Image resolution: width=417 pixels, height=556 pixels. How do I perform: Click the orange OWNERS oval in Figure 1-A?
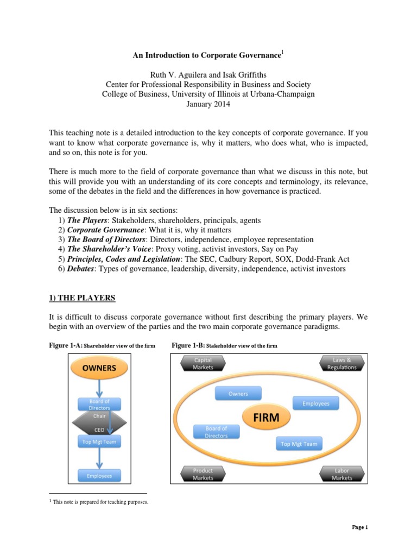point(99,368)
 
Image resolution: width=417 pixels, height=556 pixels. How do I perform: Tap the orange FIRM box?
point(266,418)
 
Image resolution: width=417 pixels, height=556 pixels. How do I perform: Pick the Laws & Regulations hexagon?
point(342,363)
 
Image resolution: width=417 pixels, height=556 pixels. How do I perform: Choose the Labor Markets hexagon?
point(342,474)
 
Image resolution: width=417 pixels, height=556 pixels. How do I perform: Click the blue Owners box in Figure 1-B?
point(238,394)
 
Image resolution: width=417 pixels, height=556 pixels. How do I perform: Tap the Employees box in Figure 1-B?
point(315,403)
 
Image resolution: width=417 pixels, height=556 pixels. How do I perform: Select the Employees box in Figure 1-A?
point(99,476)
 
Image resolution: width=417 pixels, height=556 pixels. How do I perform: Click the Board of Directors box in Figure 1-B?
point(216,432)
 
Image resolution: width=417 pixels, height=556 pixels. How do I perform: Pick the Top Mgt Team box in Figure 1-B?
point(299,444)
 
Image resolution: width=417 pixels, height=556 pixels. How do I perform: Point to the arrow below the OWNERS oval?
point(99,388)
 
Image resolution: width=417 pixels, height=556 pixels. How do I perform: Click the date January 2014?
point(208,105)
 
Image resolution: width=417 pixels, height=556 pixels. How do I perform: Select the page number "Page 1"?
point(360,527)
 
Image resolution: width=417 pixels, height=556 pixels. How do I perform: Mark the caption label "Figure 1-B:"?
point(188,345)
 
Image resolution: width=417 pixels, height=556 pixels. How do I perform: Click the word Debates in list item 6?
point(83,269)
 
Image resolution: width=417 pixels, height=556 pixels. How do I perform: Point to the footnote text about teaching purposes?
point(100,502)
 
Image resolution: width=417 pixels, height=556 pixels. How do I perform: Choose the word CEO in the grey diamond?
point(99,429)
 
